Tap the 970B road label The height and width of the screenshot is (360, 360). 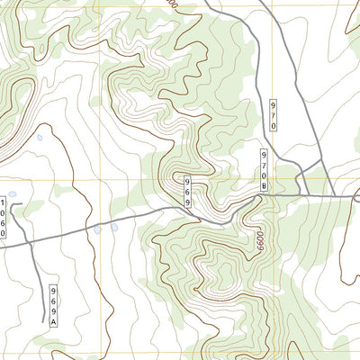265,169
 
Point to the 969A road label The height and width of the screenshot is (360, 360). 54,305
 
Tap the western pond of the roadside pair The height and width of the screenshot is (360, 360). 97,230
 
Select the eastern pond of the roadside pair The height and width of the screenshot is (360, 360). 114,227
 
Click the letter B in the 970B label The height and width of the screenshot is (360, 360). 265,185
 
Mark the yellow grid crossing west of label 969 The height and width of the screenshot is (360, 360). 99,177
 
